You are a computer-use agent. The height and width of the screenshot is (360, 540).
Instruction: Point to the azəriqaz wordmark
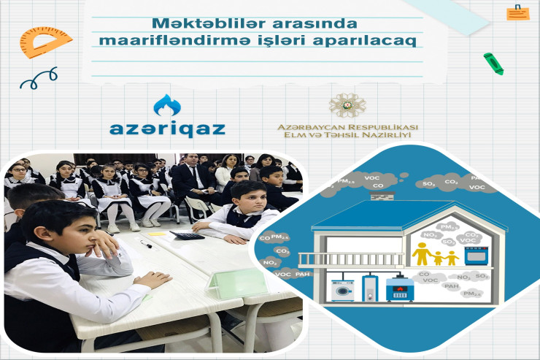point(167,129)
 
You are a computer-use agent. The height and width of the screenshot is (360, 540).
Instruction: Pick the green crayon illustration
point(493,64)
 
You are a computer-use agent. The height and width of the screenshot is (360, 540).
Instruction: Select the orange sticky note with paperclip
point(517,12)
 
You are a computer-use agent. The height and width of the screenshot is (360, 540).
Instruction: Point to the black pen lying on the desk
point(145,246)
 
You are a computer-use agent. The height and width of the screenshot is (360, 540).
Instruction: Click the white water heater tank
point(371,288)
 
